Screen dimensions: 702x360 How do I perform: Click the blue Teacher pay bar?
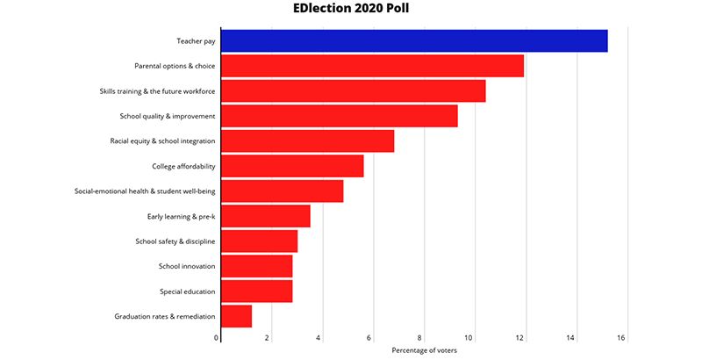pos(414,40)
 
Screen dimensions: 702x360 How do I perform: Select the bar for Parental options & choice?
pos(372,66)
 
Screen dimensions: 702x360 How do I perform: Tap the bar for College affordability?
pos(292,166)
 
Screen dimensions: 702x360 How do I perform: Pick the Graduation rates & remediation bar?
pos(236,316)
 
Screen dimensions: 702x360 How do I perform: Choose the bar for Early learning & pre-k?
pos(266,216)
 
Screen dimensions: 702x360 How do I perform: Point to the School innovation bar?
pos(256,266)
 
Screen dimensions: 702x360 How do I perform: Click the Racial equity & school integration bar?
pos(308,141)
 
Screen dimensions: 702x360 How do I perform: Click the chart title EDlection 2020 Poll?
pos(351,8)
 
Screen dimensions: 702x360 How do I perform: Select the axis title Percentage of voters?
pos(425,350)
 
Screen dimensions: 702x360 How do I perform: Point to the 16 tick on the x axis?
pos(621,338)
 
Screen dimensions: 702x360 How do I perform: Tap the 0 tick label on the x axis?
pos(216,338)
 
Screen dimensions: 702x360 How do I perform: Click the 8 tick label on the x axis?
pos(420,338)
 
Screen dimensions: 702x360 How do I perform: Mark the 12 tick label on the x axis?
pos(519,338)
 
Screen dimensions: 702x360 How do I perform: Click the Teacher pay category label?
pos(196,41)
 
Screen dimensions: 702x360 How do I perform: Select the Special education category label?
pos(188,292)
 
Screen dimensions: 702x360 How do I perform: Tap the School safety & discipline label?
pos(175,241)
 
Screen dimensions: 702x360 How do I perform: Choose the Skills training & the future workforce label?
pos(158,91)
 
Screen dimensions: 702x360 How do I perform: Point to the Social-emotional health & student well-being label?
pos(145,191)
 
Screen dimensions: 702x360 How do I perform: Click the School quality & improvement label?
pos(168,117)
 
